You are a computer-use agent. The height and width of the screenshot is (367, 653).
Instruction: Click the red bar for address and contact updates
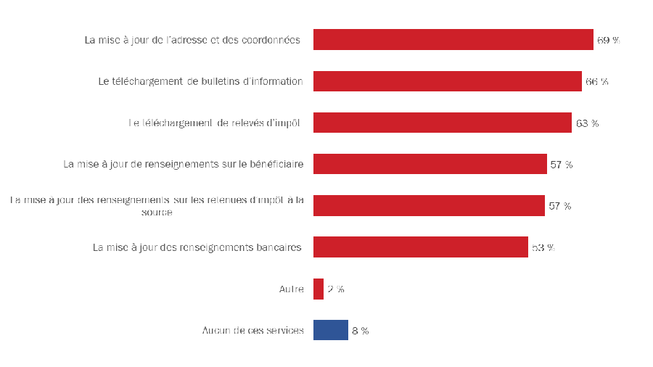point(453,40)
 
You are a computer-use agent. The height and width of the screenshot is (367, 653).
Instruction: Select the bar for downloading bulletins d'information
point(447,81)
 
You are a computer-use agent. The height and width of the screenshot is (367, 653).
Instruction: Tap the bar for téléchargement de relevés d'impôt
point(442,123)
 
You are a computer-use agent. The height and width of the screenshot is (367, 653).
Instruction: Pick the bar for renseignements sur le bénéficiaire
point(430,165)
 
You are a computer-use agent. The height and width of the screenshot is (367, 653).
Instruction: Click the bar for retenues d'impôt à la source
point(429,206)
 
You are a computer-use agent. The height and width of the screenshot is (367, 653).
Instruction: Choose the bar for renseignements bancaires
point(420,247)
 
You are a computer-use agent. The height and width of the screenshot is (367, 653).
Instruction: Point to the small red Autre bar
point(319,289)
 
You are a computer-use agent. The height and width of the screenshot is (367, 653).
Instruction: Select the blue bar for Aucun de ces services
point(331,331)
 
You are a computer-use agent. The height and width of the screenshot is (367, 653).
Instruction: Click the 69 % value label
point(608,40)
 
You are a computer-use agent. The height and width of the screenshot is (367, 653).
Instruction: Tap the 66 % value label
point(596,81)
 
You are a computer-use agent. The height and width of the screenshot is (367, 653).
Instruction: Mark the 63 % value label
point(587,123)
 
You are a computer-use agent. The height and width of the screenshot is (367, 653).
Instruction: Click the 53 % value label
point(543,247)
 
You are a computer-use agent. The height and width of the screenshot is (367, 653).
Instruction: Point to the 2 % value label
point(335,289)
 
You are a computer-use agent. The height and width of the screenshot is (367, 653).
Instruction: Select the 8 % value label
point(360,331)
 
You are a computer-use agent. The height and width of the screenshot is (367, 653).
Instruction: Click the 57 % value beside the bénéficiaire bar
point(561,165)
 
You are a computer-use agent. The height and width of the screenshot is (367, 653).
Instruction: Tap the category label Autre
point(291,289)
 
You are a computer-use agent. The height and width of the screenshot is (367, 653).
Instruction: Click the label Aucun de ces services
point(252,331)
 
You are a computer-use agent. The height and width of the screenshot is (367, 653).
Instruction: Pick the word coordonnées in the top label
point(272,40)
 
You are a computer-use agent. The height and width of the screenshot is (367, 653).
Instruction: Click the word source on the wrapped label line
point(157,213)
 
